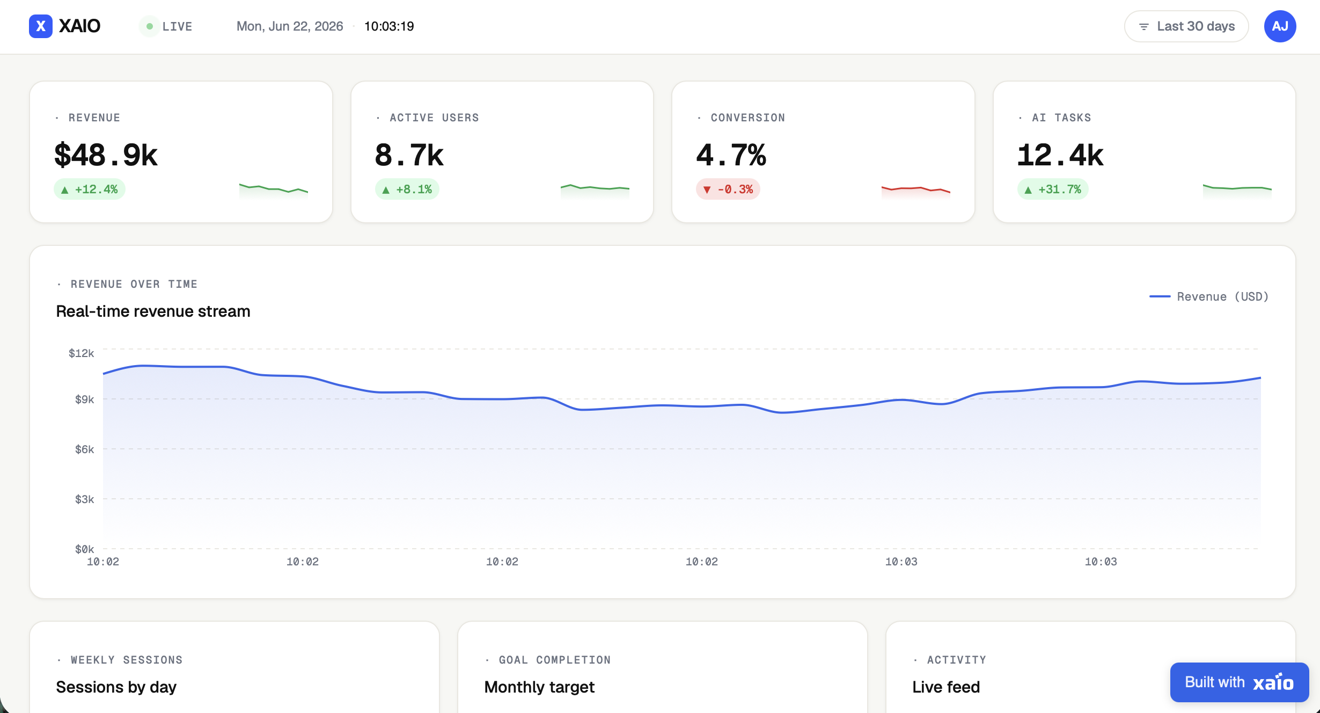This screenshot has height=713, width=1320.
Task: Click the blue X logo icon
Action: point(40,26)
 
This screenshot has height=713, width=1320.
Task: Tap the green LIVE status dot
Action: point(150,26)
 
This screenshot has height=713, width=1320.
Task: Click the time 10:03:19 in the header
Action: point(389,26)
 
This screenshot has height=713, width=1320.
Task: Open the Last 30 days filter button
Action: point(1186,26)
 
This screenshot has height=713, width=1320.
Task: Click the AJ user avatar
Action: point(1280,26)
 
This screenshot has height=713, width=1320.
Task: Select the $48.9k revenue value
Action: point(106,155)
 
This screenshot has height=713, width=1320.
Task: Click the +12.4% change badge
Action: point(90,189)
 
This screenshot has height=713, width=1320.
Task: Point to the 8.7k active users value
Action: point(409,155)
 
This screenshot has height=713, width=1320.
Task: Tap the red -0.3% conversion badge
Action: point(728,189)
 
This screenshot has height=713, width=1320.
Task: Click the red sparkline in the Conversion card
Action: point(916,189)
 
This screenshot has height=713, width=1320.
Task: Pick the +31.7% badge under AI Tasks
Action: point(1053,189)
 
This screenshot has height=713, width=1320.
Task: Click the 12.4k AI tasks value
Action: point(1060,155)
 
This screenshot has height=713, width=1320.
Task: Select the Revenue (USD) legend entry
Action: point(1209,296)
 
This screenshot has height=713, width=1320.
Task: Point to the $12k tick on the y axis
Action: point(82,353)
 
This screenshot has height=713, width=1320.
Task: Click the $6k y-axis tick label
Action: point(85,449)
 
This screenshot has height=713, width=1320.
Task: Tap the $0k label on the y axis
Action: point(85,549)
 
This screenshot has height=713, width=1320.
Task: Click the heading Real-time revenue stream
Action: point(153,311)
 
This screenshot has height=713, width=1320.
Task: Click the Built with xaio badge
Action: point(1240,682)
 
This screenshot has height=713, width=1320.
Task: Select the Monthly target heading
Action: point(539,687)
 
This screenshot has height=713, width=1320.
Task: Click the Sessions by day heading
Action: point(116,687)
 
